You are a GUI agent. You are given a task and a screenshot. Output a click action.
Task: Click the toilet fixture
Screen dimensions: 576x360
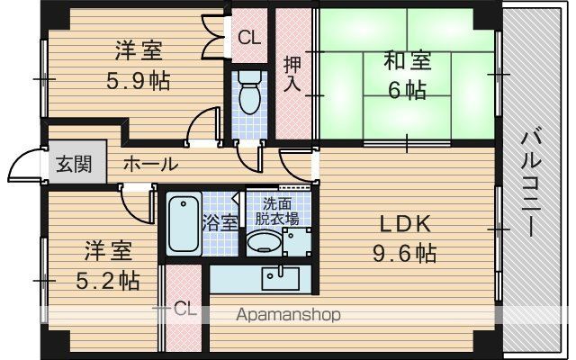point(249,92)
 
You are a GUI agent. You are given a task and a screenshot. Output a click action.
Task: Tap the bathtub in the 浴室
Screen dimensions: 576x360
point(184,224)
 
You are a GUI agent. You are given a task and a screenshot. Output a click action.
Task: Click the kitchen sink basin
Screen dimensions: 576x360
point(280,278)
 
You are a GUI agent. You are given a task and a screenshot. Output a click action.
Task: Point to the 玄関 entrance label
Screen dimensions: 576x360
point(74,164)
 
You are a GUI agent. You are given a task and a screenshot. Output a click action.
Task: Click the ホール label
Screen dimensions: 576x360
point(150,164)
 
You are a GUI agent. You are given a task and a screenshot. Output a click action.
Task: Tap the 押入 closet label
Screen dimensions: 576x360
point(292,74)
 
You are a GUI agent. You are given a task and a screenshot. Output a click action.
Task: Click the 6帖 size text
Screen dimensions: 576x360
point(408,90)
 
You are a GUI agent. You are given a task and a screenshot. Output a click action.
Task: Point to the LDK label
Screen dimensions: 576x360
point(405,224)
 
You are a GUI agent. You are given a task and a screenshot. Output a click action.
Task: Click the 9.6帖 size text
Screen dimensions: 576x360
point(405,253)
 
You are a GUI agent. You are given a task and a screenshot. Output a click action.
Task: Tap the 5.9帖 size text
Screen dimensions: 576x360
point(139,81)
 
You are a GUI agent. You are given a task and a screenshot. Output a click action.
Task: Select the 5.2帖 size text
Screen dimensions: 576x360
point(108,281)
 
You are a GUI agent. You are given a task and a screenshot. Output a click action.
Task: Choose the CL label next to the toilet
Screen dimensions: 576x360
point(250,37)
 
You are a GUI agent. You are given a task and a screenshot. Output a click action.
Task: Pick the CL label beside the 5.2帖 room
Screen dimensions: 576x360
point(185,310)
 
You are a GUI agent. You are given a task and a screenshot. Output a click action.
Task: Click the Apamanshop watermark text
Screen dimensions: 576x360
point(288,315)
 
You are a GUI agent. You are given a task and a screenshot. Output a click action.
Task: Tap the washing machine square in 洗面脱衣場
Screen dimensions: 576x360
point(297,242)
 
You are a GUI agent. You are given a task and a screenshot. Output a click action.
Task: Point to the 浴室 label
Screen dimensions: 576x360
point(220,222)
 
